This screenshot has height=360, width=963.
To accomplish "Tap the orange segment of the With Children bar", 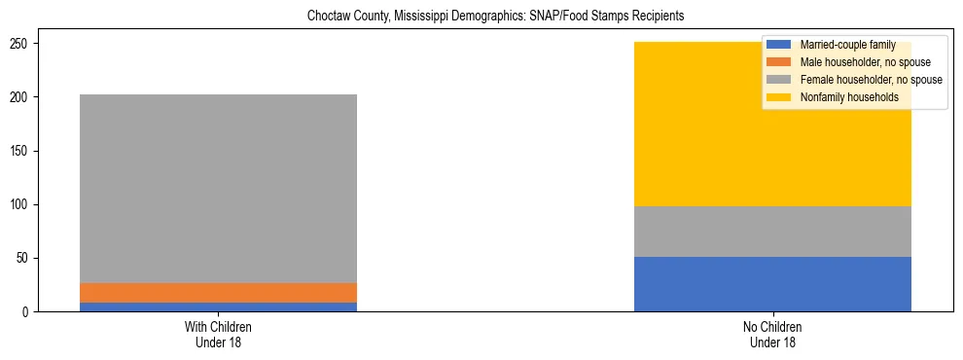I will point(218,293).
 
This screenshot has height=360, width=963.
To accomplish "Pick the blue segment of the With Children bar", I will point(218,307).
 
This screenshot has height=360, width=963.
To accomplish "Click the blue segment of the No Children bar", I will point(772,284).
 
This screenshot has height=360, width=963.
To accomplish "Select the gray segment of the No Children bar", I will point(772,232).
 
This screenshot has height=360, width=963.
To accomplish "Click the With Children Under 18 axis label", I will point(218,334).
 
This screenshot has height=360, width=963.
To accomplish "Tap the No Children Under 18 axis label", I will point(772,334).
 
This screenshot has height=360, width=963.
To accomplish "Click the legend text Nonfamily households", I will point(849,97).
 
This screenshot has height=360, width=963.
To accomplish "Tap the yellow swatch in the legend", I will point(779,97).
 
